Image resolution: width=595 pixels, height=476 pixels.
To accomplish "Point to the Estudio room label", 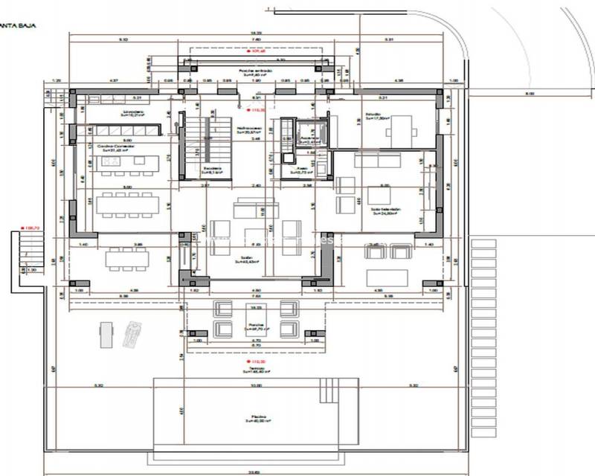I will tap(373, 115).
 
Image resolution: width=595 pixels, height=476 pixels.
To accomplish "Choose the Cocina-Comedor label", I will tap(115, 147).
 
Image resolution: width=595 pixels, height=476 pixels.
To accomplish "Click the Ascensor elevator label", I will tap(307, 138).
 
